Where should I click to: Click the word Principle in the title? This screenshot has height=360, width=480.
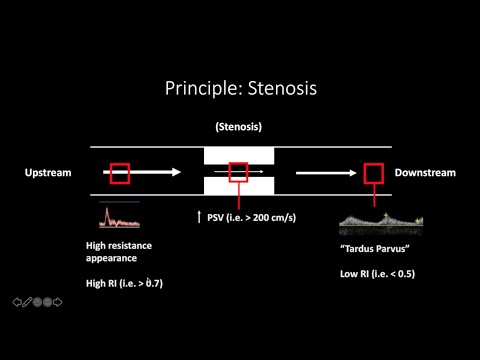point(200,88)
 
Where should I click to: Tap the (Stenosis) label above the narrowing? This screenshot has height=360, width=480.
point(238,127)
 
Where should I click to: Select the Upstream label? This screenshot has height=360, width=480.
point(48,173)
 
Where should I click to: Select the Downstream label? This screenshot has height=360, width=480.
point(425,173)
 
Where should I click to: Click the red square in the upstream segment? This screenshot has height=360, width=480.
point(120,173)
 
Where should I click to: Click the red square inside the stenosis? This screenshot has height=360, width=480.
point(238,172)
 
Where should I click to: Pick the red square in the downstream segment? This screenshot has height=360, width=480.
point(372,173)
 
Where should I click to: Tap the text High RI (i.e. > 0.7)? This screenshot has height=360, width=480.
point(124,283)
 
